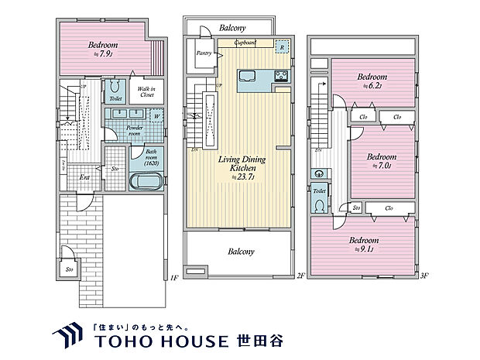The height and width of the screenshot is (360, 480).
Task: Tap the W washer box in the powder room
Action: [x=157, y=117]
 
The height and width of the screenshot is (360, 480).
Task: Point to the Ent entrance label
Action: [x=84, y=177]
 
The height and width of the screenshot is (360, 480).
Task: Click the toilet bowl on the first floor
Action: [x=115, y=86]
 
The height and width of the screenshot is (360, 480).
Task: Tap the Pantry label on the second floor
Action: [x=204, y=53]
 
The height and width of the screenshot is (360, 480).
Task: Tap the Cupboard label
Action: [x=246, y=43]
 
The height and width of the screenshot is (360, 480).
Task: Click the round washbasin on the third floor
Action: [x=317, y=174]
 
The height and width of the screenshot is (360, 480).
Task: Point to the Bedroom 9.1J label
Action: [x=363, y=245]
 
